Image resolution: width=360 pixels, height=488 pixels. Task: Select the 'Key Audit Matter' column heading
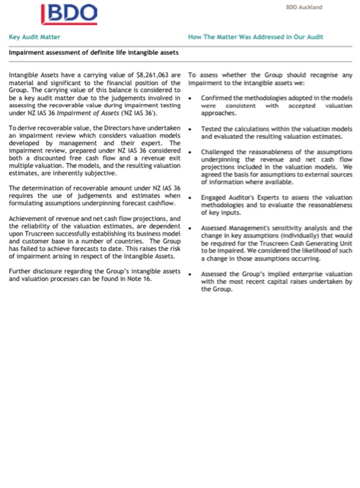click(x=34, y=36)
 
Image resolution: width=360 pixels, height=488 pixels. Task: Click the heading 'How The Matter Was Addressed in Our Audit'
click(x=256, y=36)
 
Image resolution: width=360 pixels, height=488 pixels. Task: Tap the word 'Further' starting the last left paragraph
click(x=20, y=271)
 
